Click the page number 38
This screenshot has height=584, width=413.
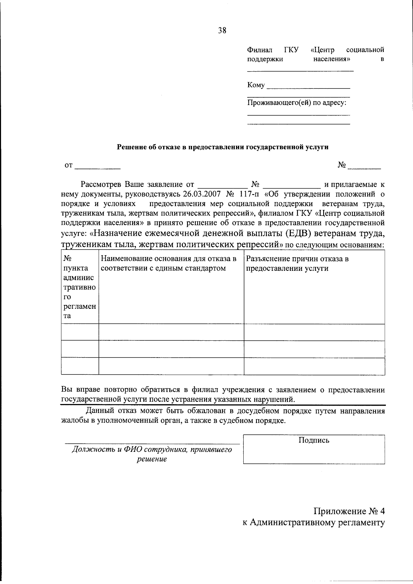click(x=222, y=30)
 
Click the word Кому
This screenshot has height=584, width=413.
click(x=256, y=85)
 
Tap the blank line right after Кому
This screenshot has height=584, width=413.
click(x=308, y=86)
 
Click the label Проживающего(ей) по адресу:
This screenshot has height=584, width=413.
click(x=297, y=103)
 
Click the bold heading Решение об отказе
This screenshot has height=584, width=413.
click(x=223, y=147)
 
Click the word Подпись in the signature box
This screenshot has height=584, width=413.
click(x=314, y=440)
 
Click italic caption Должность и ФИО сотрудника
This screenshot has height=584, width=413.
click(x=152, y=450)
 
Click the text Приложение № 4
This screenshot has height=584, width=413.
click(x=349, y=511)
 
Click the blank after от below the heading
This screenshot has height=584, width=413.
click(x=98, y=166)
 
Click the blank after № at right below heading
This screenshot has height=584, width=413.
click(x=364, y=166)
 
